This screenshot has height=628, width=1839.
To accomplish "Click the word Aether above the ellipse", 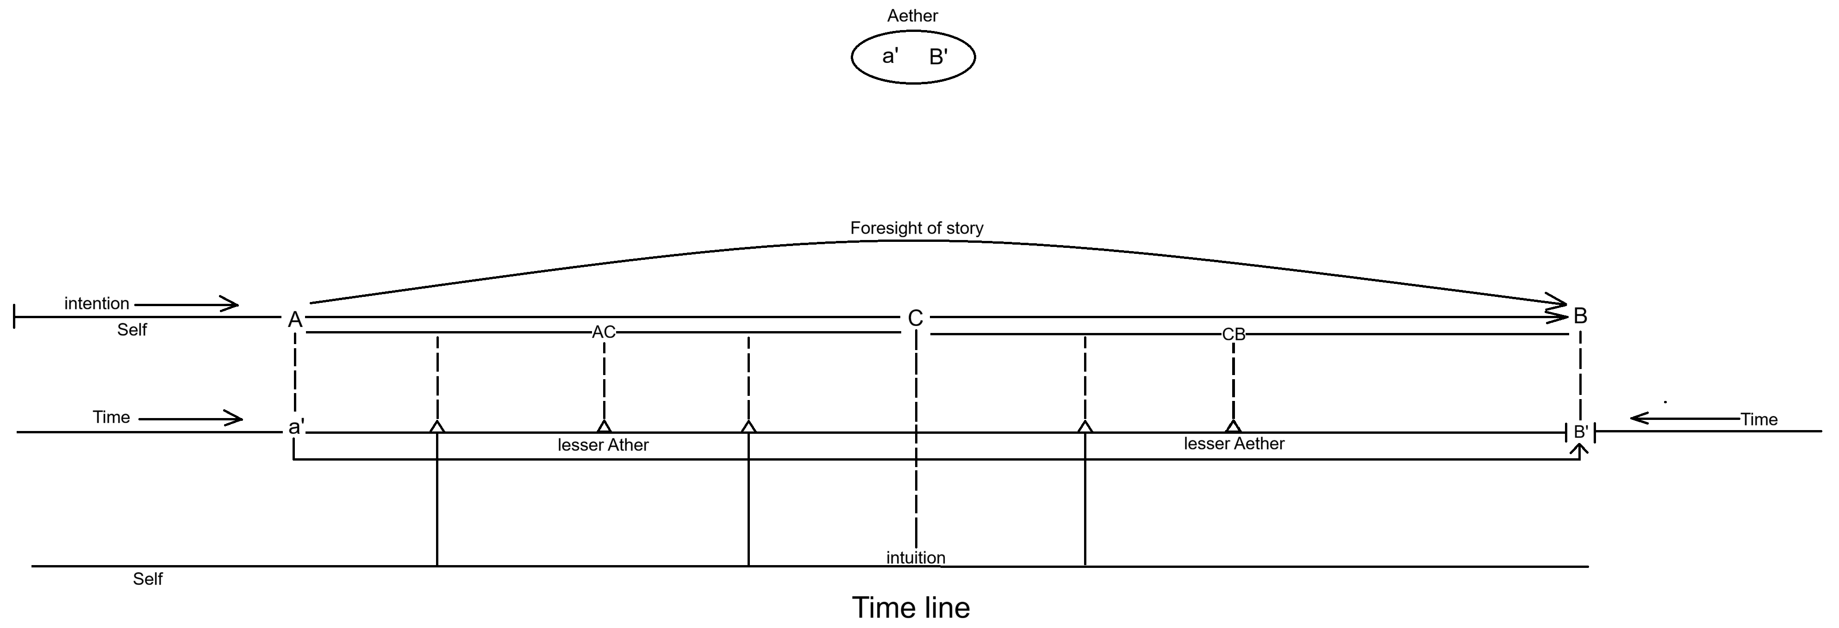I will pyautogui.click(x=912, y=16).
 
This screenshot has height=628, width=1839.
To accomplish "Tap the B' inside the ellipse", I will pyautogui.click(x=938, y=57).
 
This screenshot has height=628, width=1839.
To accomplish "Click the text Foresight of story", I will pyautogui.click(x=916, y=228).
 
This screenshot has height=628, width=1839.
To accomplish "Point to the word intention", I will pyautogui.click(x=96, y=303).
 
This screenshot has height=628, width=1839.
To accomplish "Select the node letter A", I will pyautogui.click(x=295, y=320).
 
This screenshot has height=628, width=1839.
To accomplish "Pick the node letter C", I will pyautogui.click(x=915, y=318).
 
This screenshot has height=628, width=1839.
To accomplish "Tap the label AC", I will pyautogui.click(x=604, y=332).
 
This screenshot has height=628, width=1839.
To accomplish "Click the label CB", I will pyautogui.click(x=1234, y=334).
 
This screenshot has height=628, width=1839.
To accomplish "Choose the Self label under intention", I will pyautogui.click(x=132, y=330).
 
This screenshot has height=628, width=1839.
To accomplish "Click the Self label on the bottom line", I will pyautogui.click(x=148, y=579).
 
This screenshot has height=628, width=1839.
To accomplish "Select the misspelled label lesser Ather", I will pyautogui.click(x=603, y=445).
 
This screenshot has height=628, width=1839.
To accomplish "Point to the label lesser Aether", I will pyautogui.click(x=1234, y=444).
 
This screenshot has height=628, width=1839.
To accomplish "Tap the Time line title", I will pyautogui.click(x=911, y=607).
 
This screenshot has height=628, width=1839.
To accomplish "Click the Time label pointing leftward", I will pyautogui.click(x=1759, y=419).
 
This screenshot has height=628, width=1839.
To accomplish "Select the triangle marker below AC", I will pyautogui.click(x=604, y=427).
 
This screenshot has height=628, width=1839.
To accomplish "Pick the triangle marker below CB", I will pyautogui.click(x=1233, y=427).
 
